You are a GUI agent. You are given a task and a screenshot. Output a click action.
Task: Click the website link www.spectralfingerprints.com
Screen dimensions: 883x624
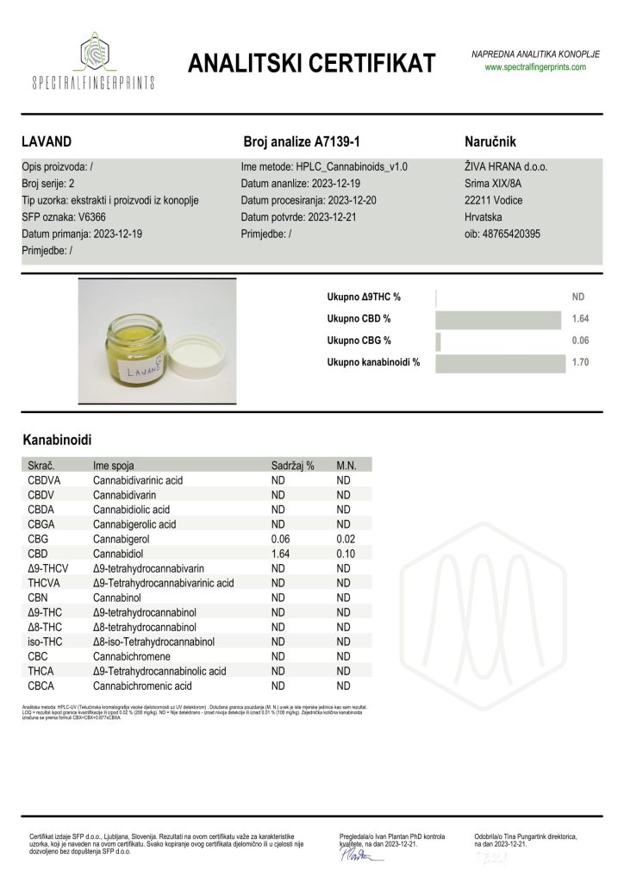pyautogui.click(x=534, y=66)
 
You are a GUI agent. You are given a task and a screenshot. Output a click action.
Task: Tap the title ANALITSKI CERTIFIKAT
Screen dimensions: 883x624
pyautogui.click(x=312, y=63)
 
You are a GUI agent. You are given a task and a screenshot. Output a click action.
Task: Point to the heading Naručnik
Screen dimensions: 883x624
pyautogui.click(x=490, y=141)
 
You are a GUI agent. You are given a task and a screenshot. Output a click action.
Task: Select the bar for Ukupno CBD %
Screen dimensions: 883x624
pyautogui.click(x=498, y=319)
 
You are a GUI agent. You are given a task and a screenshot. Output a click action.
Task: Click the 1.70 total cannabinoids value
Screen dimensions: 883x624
pyautogui.click(x=579, y=363)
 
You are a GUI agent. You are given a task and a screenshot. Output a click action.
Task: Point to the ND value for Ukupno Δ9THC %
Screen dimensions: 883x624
pyautogui.click(x=578, y=297)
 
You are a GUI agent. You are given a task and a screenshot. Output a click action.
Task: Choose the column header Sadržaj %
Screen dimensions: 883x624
pyautogui.click(x=293, y=465)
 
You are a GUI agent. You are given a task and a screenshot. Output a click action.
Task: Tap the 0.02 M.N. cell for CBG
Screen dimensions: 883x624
pyautogui.click(x=344, y=538)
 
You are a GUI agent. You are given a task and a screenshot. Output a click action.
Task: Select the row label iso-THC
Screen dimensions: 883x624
pyautogui.click(x=44, y=642)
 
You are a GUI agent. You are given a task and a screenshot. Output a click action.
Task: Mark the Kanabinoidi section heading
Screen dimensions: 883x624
pyautogui.click(x=58, y=440)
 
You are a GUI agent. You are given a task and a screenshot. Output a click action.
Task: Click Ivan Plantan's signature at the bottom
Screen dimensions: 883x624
pyautogui.click(x=358, y=856)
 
